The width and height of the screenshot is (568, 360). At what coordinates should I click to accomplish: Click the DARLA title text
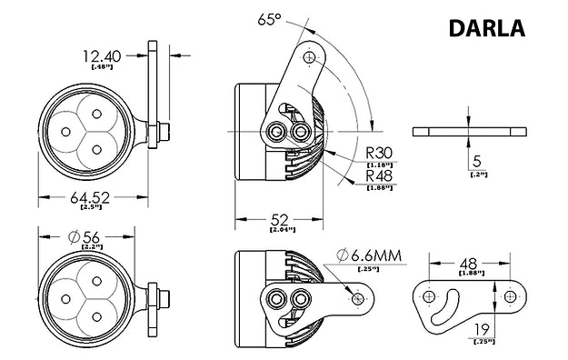(486, 28)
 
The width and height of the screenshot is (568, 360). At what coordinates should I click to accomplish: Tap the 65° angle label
(269, 19)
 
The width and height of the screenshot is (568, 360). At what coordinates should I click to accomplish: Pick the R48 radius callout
(379, 175)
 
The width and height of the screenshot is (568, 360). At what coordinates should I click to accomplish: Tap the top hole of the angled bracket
(312, 56)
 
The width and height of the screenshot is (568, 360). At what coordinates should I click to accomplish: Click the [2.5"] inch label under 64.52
(91, 208)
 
